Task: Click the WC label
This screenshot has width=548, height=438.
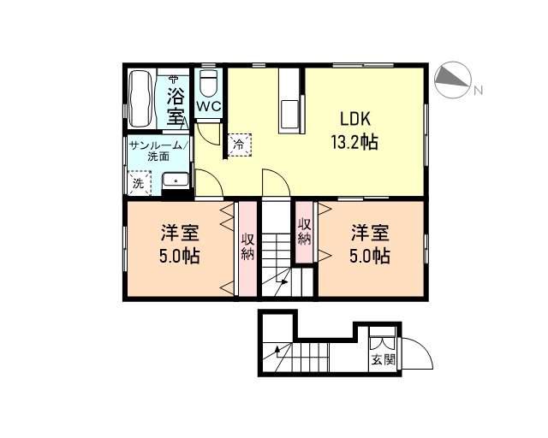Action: point(209,106)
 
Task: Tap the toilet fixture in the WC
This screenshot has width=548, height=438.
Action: point(209,84)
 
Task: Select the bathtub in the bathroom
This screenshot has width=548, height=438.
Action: point(140,99)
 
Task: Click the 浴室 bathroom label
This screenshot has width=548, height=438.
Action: point(176,105)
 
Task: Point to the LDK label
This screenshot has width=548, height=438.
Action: point(355,120)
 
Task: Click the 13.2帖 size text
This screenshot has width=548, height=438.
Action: point(354,142)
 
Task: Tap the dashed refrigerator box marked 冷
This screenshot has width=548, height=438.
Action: point(240,145)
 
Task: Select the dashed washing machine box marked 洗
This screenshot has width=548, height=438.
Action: point(140,183)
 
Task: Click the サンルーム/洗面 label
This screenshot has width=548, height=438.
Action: point(159,151)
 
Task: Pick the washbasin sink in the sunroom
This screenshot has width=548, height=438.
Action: point(176,181)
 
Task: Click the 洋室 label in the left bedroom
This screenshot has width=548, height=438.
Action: point(180,233)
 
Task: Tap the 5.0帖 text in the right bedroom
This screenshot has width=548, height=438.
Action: point(370,256)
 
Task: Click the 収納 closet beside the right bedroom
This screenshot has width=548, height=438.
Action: point(305,232)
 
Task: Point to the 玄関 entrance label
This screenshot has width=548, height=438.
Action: point(384,359)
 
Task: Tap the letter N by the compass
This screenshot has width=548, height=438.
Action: point(478,91)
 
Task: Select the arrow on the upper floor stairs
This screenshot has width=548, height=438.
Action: point(281,287)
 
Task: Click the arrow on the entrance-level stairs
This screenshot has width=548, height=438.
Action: point(278,353)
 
